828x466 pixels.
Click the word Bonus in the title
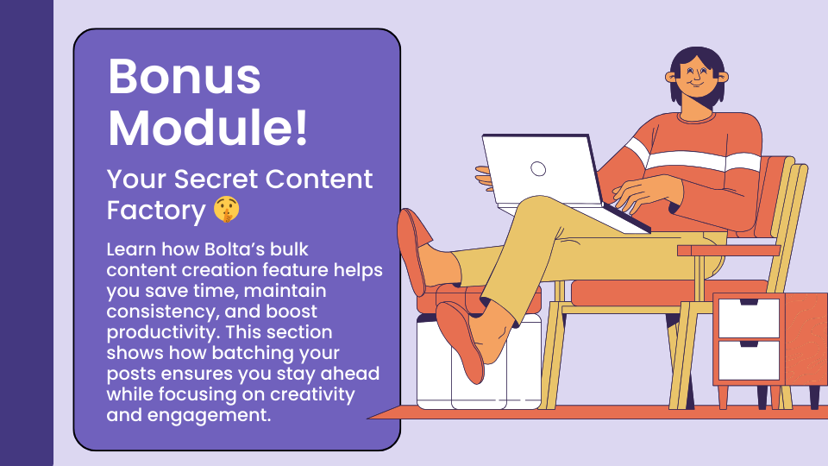click(185, 77)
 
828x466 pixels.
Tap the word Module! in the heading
click(208, 128)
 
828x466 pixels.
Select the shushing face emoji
click(227, 209)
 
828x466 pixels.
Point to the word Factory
click(156, 211)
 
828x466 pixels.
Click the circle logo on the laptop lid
click(538, 168)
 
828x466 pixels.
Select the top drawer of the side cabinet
click(749, 318)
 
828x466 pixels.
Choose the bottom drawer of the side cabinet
click(749, 361)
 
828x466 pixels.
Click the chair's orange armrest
click(729, 250)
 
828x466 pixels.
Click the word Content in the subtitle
click(319, 179)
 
